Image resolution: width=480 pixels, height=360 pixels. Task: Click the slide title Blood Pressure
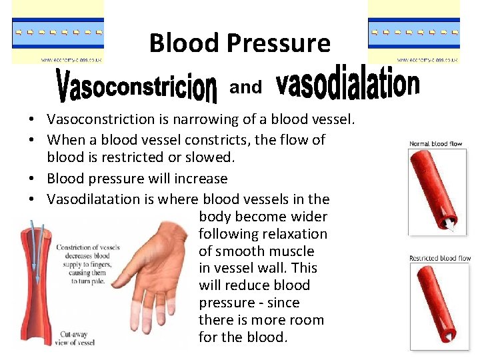pyautogui.click(x=240, y=43)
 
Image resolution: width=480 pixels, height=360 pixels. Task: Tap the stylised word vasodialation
pyautogui.click(x=347, y=85)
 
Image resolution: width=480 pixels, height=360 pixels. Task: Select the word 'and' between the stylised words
pyautogui.click(x=245, y=87)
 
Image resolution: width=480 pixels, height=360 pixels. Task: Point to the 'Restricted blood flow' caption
pyautogui.click(x=439, y=258)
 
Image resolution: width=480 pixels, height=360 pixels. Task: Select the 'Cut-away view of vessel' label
pyautogui.click(x=75, y=338)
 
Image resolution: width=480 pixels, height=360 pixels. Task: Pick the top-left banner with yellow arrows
pyautogui.click(x=58, y=32)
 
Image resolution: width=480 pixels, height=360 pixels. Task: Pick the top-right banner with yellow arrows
pyautogui.click(x=414, y=32)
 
